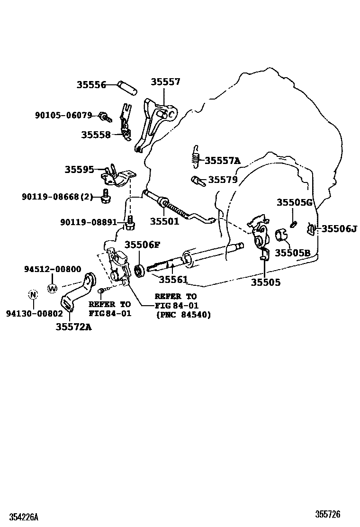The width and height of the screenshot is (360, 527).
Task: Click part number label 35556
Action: (x=91, y=85)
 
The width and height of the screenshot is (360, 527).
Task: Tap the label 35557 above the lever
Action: (x=165, y=82)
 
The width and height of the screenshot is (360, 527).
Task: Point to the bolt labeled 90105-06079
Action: (x=104, y=116)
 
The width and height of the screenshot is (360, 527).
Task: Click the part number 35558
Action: (x=95, y=135)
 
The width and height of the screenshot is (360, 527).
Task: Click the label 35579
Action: (x=223, y=180)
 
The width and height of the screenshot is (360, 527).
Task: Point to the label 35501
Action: (x=165, y=221)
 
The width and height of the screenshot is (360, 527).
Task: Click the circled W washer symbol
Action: (x=52, y=288)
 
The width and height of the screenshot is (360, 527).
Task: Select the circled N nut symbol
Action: (x=33, y=295)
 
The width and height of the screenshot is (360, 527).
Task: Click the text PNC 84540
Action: (x=183, y=315)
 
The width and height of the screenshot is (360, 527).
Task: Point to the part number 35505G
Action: (x=295, y=203)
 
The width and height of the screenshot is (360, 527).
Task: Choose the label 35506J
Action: (x=339, y=229)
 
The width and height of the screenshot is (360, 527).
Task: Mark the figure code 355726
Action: (x=328, y=514)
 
